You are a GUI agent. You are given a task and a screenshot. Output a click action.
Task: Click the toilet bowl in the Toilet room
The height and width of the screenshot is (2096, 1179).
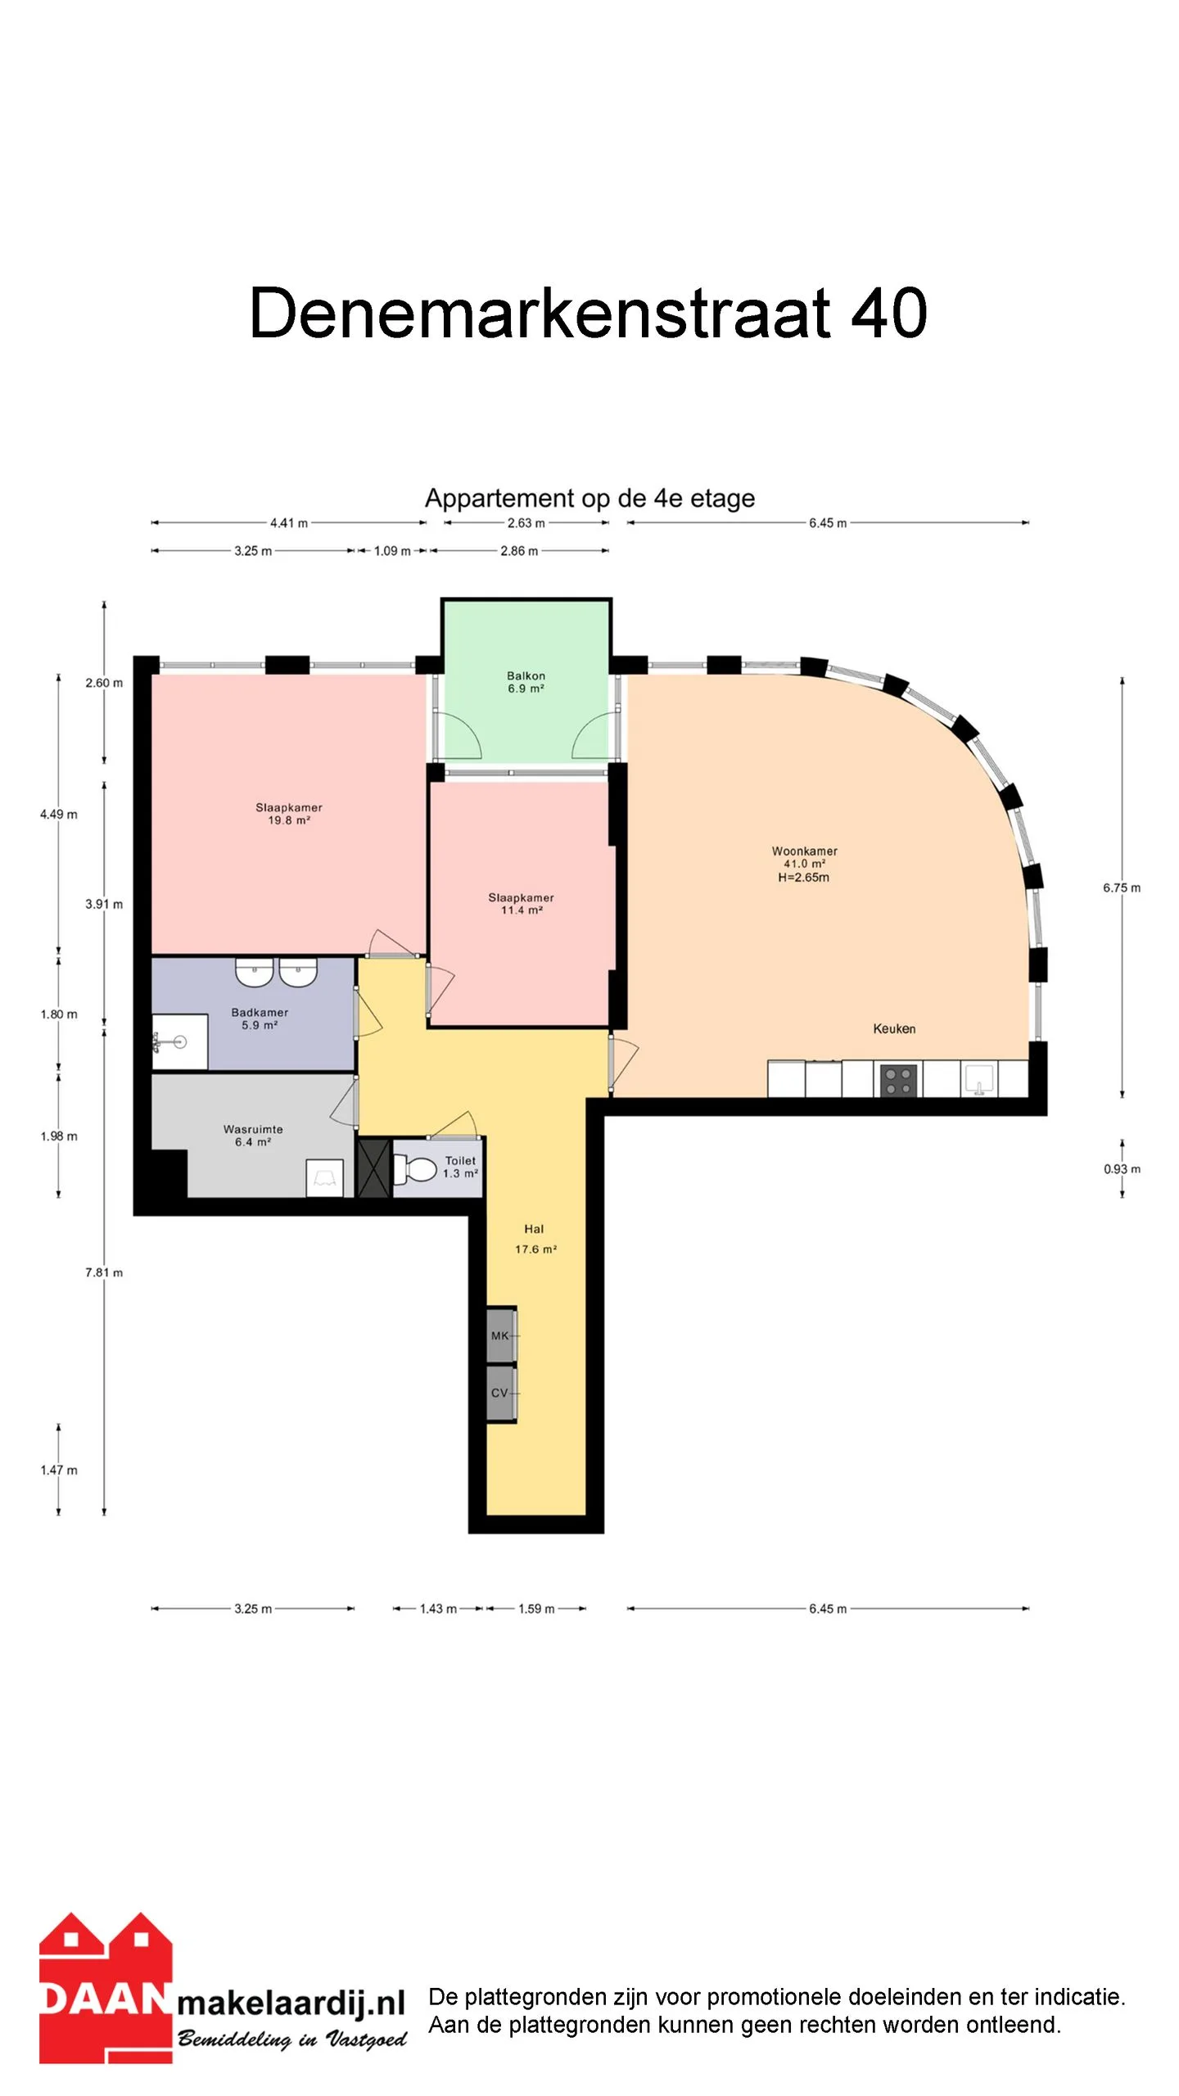(415, 1168)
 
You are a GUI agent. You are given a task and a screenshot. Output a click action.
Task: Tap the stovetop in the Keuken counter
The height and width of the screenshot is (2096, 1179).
(898, 1080)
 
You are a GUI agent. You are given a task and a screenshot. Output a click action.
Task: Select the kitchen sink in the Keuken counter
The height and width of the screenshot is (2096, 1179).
(978, 1078)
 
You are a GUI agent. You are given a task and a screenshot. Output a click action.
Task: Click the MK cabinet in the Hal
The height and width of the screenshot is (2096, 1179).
(501, 1335)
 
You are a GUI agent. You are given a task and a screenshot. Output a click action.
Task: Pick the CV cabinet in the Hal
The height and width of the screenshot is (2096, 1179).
(501, 1393)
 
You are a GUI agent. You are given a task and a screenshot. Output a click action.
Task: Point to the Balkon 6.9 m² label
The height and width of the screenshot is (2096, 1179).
(526, 682)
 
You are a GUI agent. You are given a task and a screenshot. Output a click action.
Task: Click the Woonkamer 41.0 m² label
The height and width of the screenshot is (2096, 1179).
(804, 857)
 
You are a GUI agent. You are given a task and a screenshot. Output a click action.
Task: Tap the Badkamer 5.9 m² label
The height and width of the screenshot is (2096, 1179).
(260, 1019)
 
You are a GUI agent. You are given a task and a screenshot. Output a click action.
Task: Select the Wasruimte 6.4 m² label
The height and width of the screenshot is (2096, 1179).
(253, 1136)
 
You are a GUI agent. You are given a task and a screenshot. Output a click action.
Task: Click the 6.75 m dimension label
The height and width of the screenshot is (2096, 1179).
(1121, 888)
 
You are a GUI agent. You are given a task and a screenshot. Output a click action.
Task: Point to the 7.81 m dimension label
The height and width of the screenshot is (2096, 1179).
(104, 1272)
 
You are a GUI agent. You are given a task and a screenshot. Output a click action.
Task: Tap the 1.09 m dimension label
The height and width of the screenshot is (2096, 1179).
(392, 551)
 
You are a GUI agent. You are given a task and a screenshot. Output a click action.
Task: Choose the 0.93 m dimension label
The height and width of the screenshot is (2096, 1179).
(1122, 1169)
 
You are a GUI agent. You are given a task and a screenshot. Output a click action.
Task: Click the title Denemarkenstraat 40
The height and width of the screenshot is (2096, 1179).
(588, 313)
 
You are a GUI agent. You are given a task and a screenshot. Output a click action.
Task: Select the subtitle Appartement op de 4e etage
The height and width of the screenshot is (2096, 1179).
(589, 498)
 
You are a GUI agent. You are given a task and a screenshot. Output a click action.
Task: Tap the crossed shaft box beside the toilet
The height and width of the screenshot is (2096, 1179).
(374, 1168)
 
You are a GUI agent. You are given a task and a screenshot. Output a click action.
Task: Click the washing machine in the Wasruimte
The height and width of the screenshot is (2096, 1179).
(324, 1178)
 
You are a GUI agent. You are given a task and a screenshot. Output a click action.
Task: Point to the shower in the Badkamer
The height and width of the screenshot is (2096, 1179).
(180, 1041)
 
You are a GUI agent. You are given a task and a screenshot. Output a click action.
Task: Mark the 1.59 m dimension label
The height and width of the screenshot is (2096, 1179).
(536, 1609)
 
